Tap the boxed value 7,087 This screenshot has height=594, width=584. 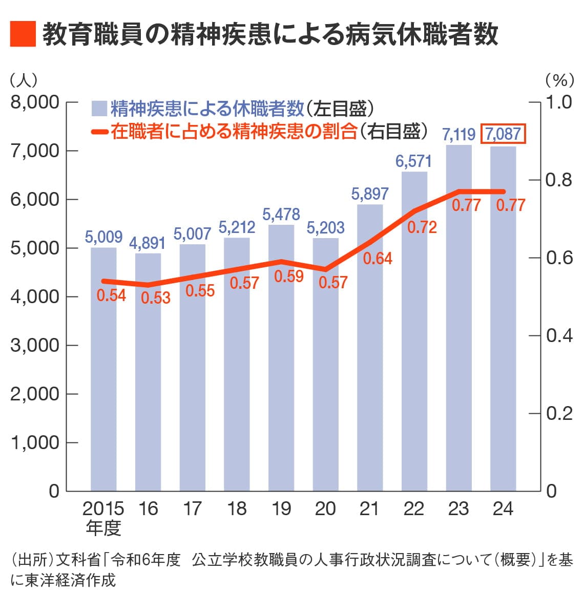pyautogui.click(x=503, y=134)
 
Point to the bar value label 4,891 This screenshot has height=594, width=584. pyautogui.click(x=148, y=243)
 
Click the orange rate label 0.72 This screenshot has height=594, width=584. pyautogui.click(x=422, y=227)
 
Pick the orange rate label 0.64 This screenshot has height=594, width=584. pyautogui.click(x=378, y=259)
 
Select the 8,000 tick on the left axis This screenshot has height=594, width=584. pyautogui.click(x=35, y=102)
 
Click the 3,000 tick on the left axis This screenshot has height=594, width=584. pyautogui.click(x=35, y=345)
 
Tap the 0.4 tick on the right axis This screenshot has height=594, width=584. pyautogui.click(x=559, y=335)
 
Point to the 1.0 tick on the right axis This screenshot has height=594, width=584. pyautogui.click(x=559, y=102)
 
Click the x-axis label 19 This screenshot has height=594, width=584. pyautogui.click(x=281, y=508)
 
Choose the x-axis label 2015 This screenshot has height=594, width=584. pyautogui.click(x=103, y=508)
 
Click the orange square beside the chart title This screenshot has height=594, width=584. pyautogui.click(x=23, y=34)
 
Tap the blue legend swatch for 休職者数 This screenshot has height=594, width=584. pyautogui.click(x=99, y=109)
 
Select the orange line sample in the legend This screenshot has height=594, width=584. pyautogui.click(x=99, y=132)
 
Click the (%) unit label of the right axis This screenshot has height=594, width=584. pyautogui.click(x=559, y=80)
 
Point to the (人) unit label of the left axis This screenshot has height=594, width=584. pyautogui.click(x=24, y=80)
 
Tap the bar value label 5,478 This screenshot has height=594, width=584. pyautogui.click(x=281, y=214)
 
